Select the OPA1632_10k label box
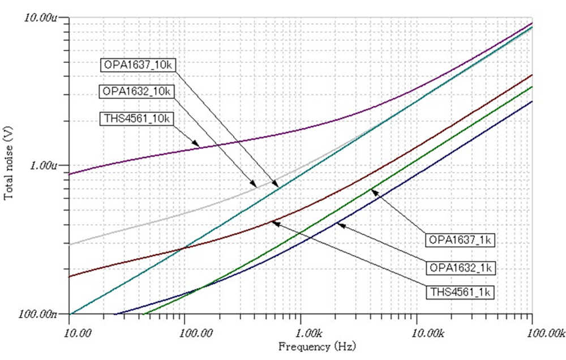pyautogui.click(x=138, y=91)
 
